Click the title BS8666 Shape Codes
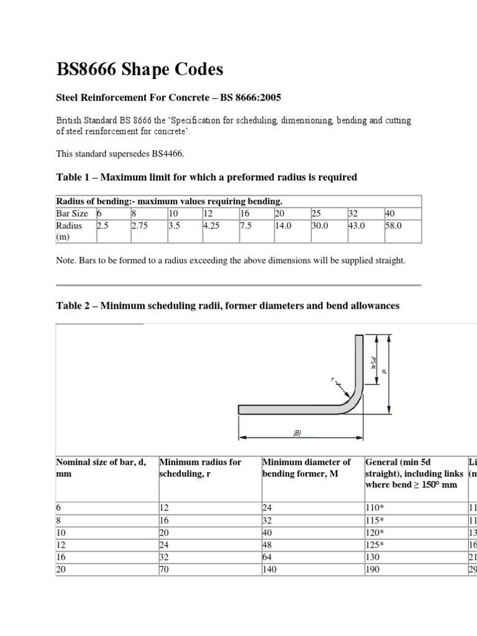(x=139, y=70)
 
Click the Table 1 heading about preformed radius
(x=206, y=178)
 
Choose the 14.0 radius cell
(x=283, y=227)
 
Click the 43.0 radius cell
(x=357, y=227)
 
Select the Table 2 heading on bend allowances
(x=227, y=306)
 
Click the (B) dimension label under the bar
(x=297, y=434)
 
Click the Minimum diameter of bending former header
(x=306, y=467)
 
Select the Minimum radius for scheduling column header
(x=200, y=467)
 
